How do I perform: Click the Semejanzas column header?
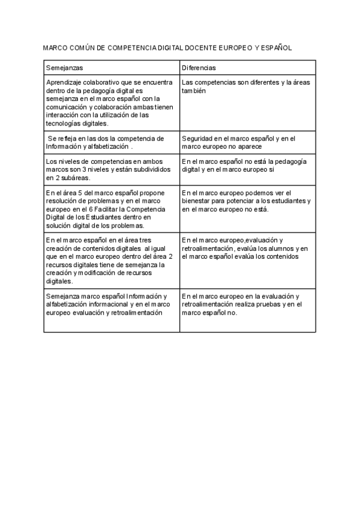(x=64, y=68)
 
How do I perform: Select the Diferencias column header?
(x=199, y=68)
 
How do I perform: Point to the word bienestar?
(x=197, y=201)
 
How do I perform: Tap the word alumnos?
(x=274, y=248)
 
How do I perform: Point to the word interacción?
(x=62, y=115)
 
